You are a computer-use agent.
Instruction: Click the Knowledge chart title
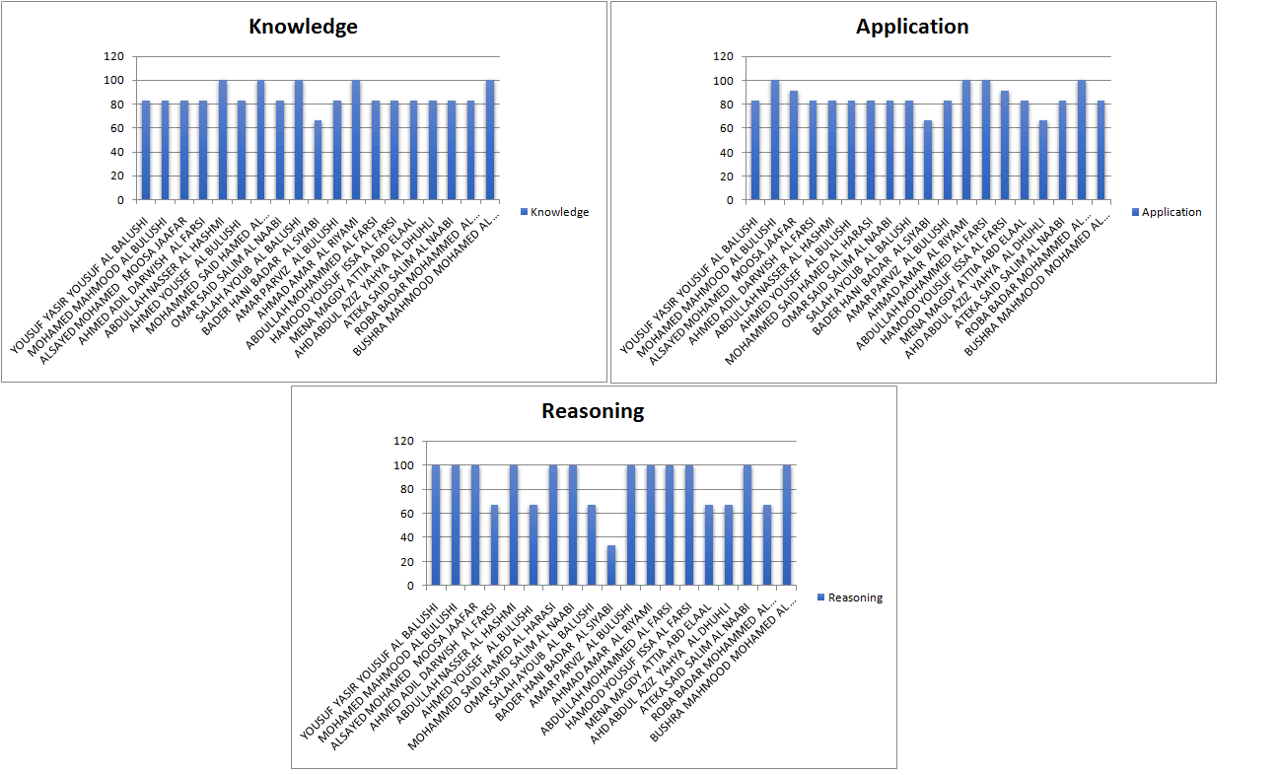[x=303, y=27]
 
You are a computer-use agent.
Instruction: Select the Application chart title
[x=912, y=27]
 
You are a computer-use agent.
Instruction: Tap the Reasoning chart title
[x=593, y=411]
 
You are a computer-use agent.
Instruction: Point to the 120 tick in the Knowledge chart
[x=115, y=56]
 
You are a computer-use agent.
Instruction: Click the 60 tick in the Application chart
[x=728, y=128]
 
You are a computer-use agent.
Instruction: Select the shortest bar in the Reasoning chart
[x=611, y=565]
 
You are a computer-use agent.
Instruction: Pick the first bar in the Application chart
[x=755, y=150]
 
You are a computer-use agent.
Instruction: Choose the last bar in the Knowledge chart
[x=490, y=140]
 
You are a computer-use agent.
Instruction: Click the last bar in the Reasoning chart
[x=787, y=526]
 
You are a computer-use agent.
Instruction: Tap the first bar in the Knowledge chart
[x=146, y=150]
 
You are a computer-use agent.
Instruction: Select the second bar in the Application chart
[x=775, y=140]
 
